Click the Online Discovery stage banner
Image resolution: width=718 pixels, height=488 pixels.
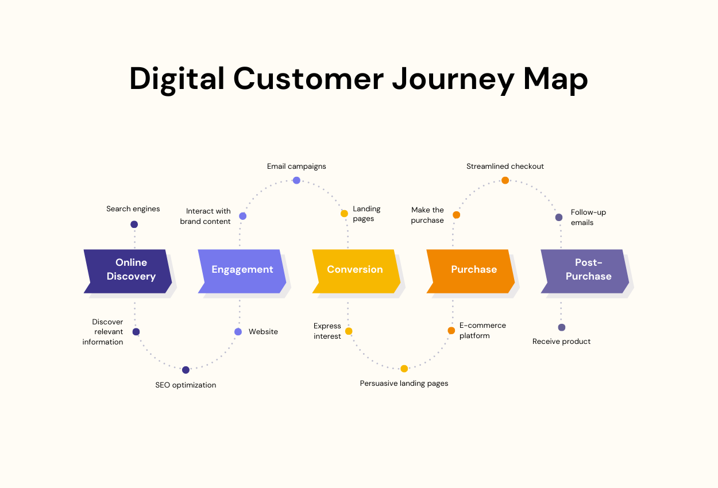(129, 270)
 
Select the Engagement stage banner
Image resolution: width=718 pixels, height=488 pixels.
(242, 270)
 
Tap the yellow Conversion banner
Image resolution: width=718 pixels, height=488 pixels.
(355, 270)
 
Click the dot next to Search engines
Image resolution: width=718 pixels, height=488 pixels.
(134, 224)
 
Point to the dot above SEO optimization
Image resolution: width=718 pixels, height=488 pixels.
(186, 370)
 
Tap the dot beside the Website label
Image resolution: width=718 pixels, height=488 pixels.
(238, 332)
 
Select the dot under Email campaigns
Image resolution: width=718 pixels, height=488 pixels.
(296, 180)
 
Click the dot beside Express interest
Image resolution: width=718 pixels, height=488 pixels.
(349, 331)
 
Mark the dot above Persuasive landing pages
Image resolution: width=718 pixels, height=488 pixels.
(404, 369)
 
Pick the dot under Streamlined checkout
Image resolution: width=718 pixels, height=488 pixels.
(505, 180)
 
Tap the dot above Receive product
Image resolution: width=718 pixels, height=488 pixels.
(562, 327)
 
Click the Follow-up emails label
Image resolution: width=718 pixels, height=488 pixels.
(588, 218)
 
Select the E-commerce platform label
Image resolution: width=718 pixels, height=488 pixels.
(482, 330)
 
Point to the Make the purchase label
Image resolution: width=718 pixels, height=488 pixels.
(427, 215)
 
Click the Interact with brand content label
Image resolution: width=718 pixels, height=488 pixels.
(206, 216)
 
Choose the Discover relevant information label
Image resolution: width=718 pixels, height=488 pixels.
(103, 332)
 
